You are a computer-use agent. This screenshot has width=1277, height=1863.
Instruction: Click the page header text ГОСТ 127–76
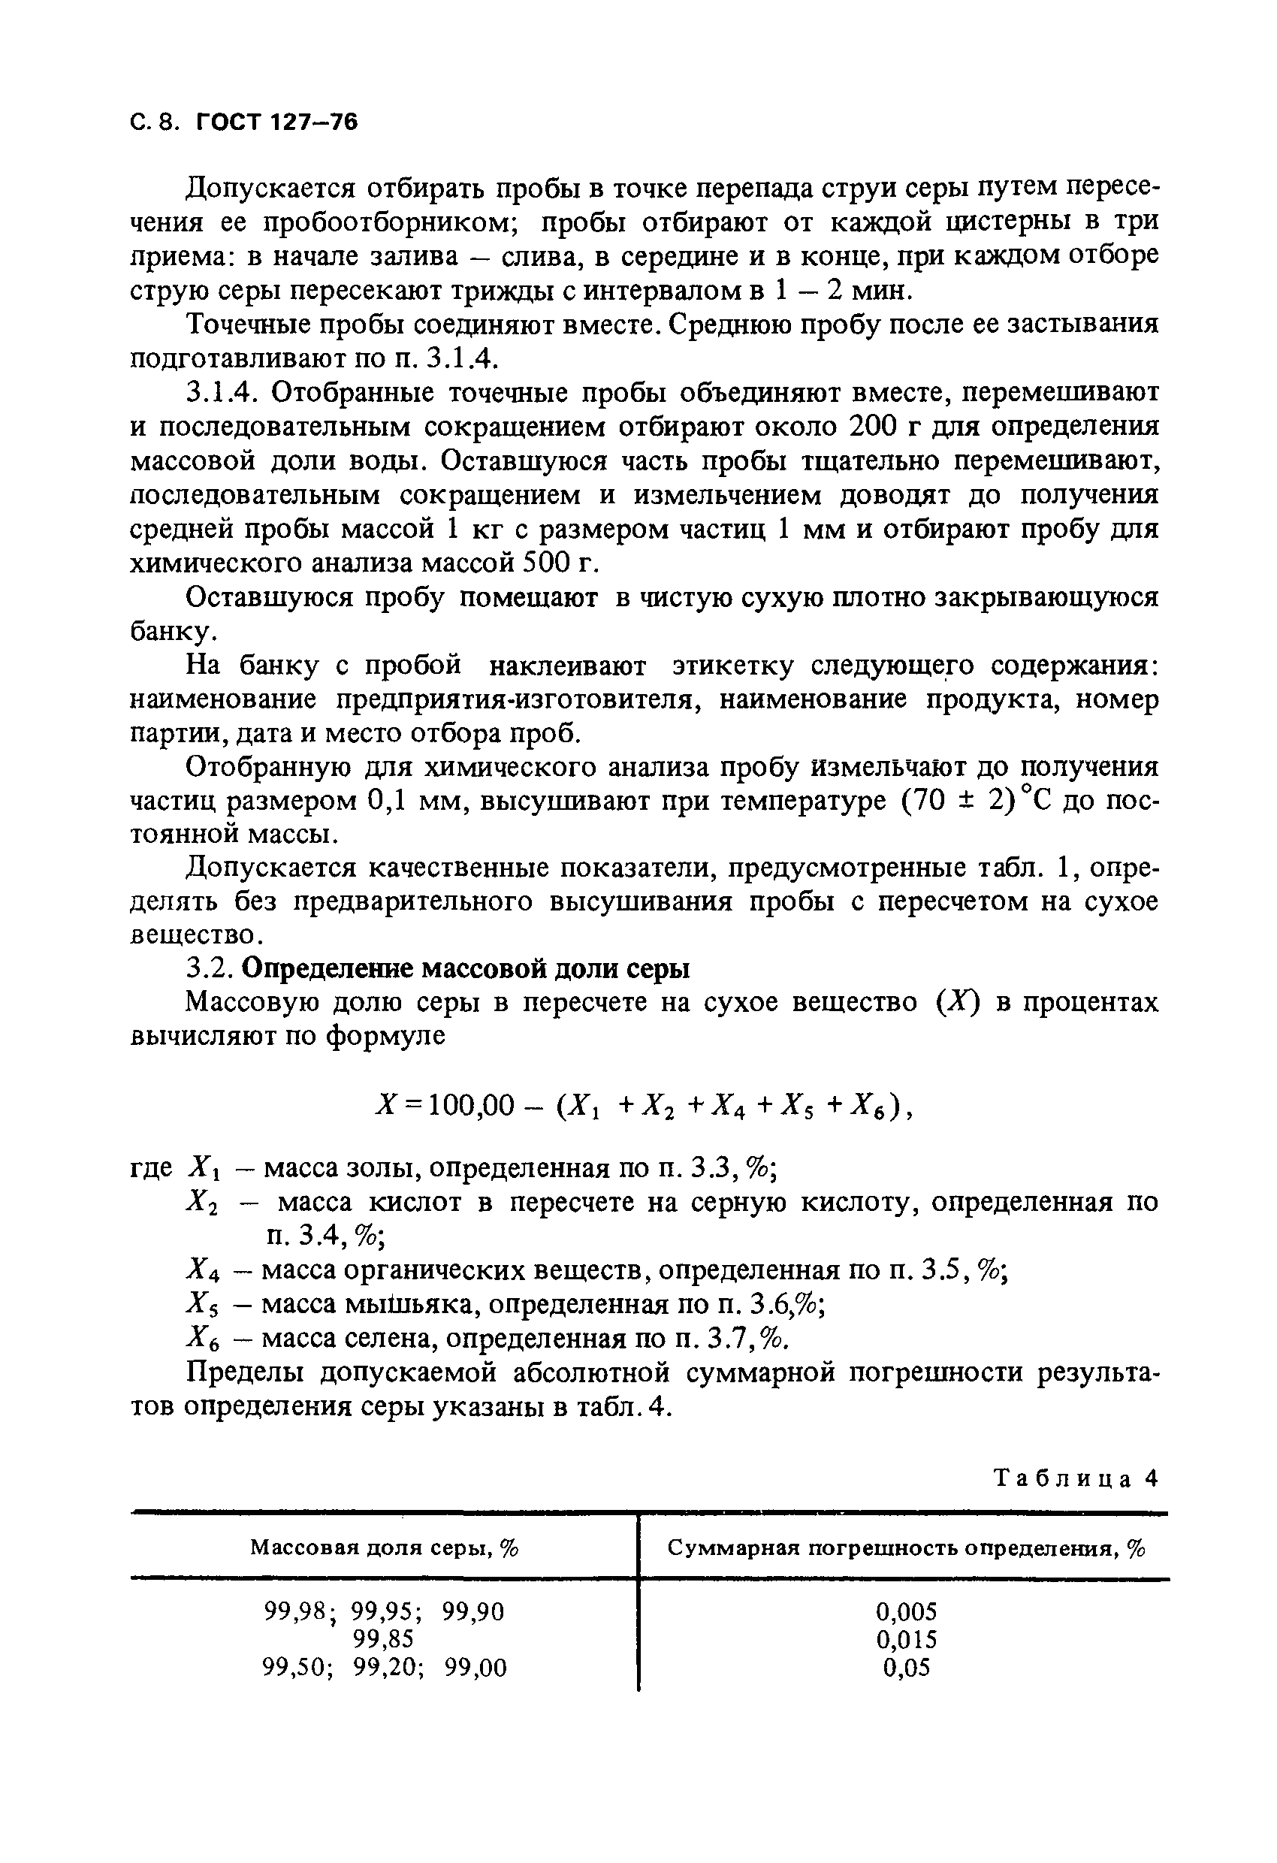click(276, 122)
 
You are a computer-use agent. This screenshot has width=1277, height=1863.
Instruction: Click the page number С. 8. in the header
click(155, 122)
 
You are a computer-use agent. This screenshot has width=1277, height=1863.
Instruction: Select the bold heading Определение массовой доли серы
click(465, 969)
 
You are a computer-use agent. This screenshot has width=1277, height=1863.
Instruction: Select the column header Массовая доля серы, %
click(384, 1547)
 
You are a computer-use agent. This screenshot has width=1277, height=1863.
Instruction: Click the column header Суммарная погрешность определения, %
click(906, 1547)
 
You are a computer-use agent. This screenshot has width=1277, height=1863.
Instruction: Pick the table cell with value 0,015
click(907, 1639)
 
